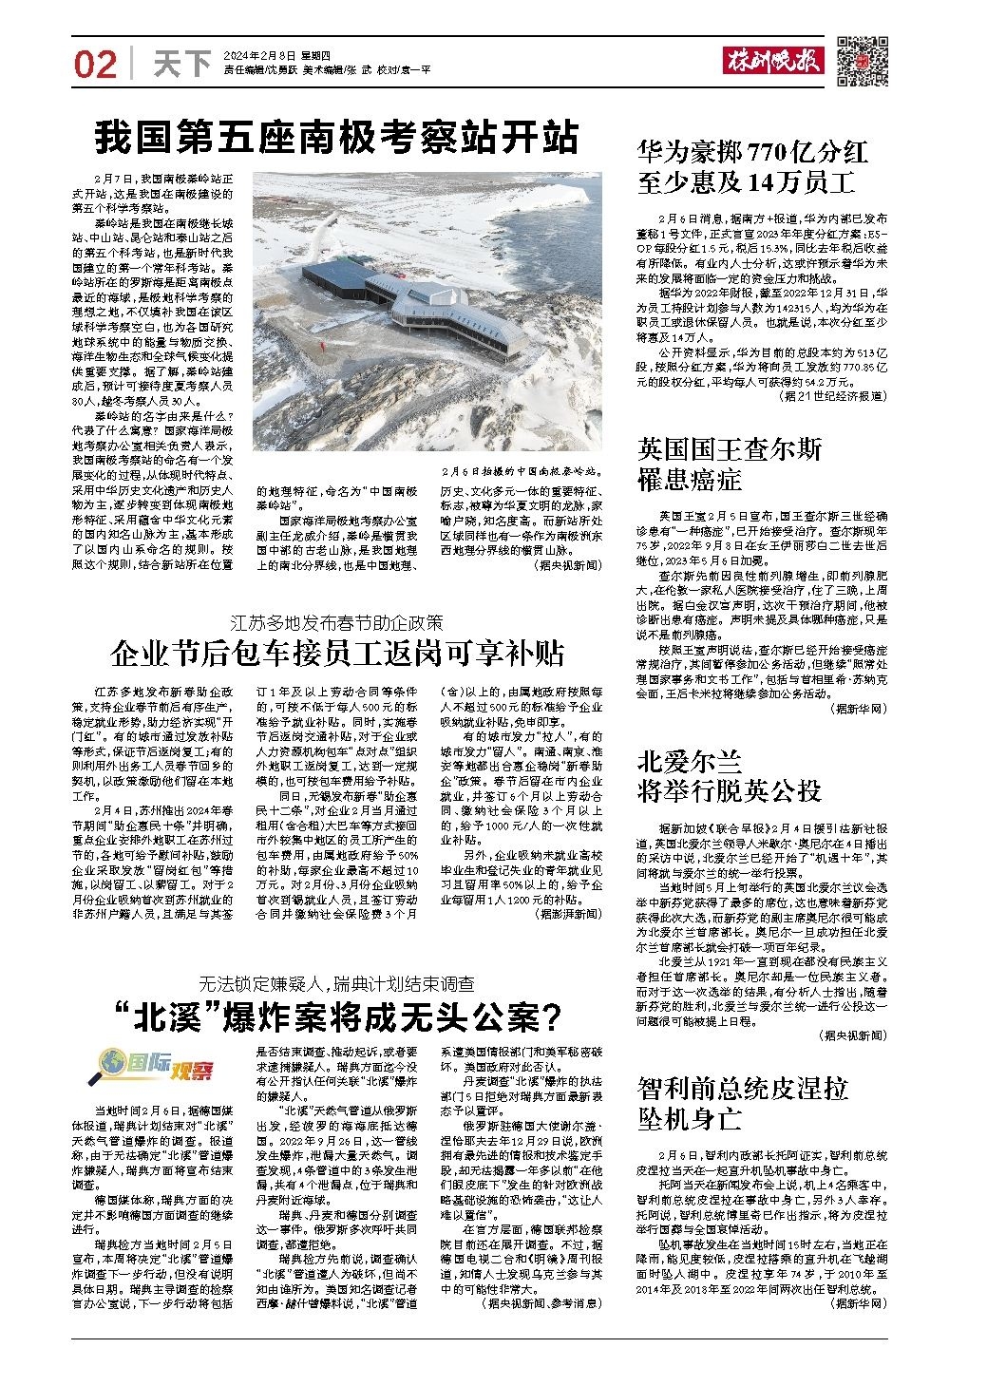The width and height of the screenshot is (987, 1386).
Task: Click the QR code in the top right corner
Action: (x=863, y=59)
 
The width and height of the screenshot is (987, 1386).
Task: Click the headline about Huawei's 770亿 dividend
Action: (x=752, y=165)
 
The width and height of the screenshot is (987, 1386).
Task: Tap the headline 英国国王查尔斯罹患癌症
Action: (x=731, y=464)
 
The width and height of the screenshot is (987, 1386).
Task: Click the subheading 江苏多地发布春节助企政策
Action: (x=335, y=623)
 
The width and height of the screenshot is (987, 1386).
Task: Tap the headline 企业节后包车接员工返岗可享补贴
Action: (x=335, y=655)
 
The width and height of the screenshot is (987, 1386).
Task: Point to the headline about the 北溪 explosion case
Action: (x=335, y=1016)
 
